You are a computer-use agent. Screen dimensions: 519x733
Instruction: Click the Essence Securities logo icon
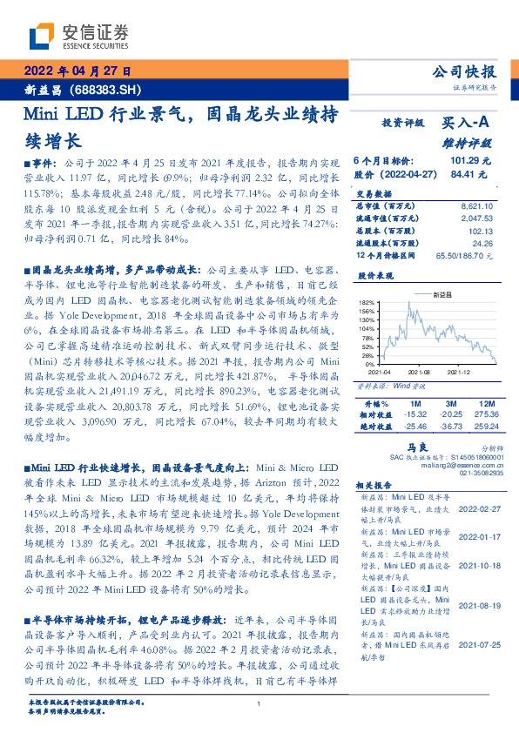pyautogui.click(x=42, y=35)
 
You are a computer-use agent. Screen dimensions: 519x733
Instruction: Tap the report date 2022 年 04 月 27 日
pyautogui.click(x=76, y=71)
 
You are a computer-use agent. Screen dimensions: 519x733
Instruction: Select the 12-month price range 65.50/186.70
pyautogui.click(x=466, y=255)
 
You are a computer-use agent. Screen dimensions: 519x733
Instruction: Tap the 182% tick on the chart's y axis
pyautogui.click(x=365, y=302)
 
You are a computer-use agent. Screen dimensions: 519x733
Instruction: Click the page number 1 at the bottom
pyautogui.click(x=259, y=703)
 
